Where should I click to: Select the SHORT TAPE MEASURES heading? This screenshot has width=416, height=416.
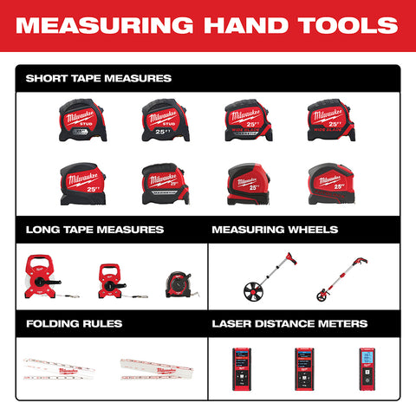[x=98, y=78]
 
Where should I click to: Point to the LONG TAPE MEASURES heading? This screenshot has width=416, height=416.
[x=94, y=230]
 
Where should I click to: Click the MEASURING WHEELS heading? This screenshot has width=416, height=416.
[x=275, y=230]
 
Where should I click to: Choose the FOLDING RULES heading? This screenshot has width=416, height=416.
[x=74, y=323]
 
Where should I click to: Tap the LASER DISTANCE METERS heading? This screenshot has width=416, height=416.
[x=289, y=323]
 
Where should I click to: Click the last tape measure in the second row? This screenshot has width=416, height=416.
[x=329, y=182]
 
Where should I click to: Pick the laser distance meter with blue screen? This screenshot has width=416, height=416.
[x=367, y=367]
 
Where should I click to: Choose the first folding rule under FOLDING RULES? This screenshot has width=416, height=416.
[x=59, y=368]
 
